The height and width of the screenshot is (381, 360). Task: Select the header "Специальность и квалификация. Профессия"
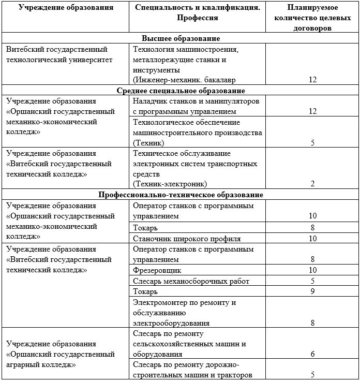pos(197,13)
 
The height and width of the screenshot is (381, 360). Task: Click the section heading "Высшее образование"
pos(181,39)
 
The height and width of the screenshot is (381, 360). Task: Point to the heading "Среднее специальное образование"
pos(181,91)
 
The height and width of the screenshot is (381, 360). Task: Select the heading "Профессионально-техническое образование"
pos(181,195)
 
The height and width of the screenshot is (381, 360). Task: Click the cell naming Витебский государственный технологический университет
pos(57,54)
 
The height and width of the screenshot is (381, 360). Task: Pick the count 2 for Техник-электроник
pos(312,184)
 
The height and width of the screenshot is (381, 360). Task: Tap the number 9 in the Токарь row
pos(312,291)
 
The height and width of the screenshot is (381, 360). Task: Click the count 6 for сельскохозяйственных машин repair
pos(312,354)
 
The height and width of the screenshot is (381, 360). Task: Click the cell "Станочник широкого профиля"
pos(187,239)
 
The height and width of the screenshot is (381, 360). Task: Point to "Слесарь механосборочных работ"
pos(191,281)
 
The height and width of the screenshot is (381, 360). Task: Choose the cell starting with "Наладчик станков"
pos(196,106)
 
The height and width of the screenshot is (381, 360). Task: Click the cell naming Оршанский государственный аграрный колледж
pos(60,354)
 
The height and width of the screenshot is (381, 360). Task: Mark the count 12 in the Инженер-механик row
pos(312,80)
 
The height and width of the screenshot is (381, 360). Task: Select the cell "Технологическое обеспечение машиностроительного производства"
pos(197,132)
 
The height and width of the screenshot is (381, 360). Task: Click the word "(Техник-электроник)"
pos(170,184)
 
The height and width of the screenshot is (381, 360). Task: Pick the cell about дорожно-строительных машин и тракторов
pos(192,370)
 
